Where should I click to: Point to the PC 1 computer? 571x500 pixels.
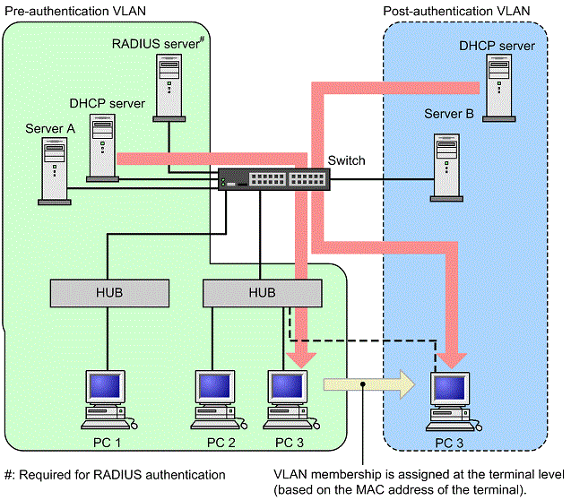[105, 400]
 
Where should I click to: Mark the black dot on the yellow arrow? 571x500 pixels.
[361, 385]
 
